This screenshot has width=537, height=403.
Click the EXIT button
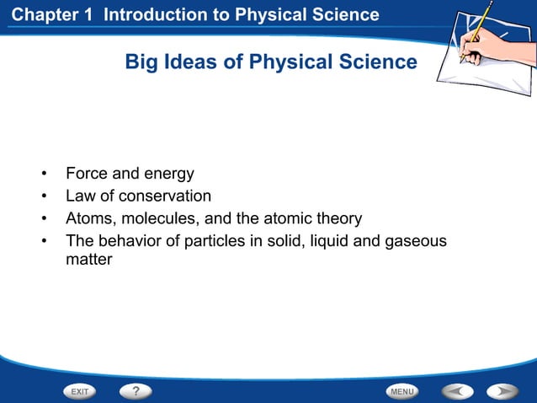80,391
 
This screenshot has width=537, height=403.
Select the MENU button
402,391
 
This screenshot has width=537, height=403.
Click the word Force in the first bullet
87,175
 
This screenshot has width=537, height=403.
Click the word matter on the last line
88,261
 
